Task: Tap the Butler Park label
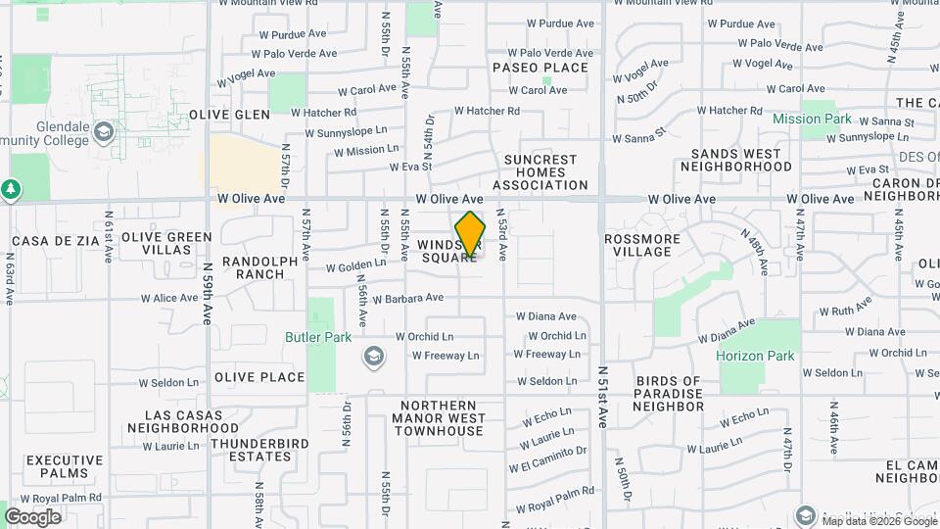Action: point(317,337)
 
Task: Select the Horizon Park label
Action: point(755,357)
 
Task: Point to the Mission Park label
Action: point(812,120)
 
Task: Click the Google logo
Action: point(32,517)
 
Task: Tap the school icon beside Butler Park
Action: point(372,355)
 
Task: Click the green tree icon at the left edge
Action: point(11,188)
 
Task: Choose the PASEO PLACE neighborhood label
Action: point(540,68)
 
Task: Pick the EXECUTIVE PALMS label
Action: point(65,466)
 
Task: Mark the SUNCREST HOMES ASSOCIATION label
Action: point(541,172)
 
